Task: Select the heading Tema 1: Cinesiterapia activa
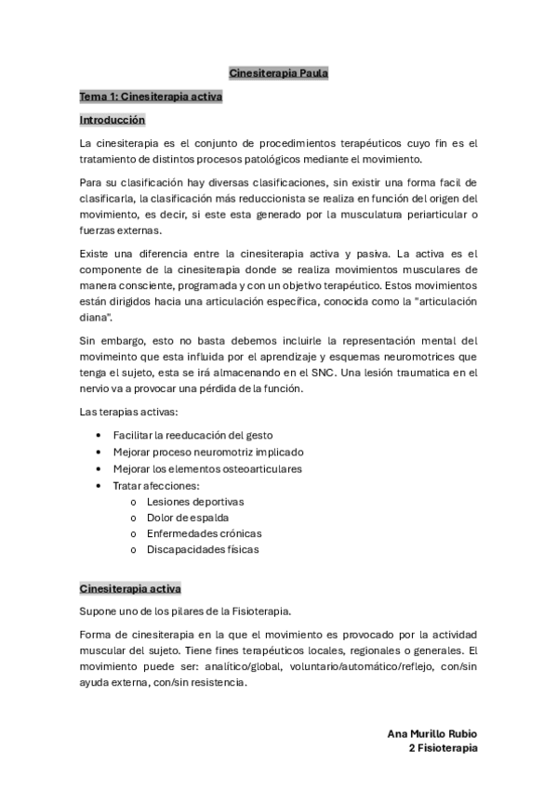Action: (x=151, y=96)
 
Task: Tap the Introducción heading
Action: (x=112, y=120)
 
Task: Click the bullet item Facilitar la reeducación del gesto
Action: (x=192, y=435)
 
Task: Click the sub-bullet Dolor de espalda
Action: (x=188, y=517)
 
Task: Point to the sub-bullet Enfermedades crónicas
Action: (x=205, y=533)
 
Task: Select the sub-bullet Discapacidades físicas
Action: (x=203, y=549)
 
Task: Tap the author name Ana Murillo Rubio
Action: (x=432, y=733)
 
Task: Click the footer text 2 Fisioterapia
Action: (x=443, y=747)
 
